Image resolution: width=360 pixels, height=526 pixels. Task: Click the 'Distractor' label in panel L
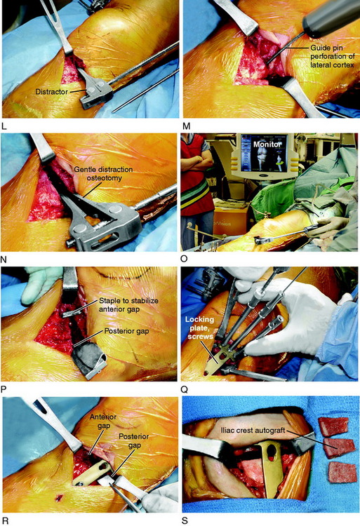(51, 92)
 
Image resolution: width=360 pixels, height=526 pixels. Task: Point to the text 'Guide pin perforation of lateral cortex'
(332, 55)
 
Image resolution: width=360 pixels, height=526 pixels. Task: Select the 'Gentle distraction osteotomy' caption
(103, 173)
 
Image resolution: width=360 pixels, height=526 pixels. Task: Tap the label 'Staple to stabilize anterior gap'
(128, 304)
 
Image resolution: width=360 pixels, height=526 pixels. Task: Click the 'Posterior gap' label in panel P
(126, 331)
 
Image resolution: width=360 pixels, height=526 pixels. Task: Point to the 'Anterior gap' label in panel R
(103, 422)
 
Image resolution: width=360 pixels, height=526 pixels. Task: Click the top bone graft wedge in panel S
(334, 426)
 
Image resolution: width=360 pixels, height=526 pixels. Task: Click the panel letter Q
(185, 389)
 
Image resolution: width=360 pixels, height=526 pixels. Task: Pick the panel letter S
(185, 521)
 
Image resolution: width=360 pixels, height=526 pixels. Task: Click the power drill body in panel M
(331, 16)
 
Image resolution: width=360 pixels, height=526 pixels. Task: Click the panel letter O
(185, 259)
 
